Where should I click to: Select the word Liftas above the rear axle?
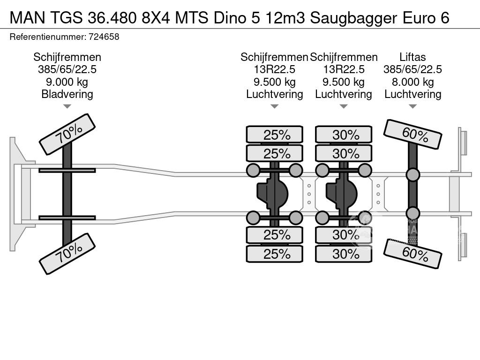tap(412, 57)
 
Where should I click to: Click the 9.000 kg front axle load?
tap(67, 82)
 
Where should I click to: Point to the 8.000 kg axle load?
tap(412, 82)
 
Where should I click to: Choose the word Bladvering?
tap(67, 94)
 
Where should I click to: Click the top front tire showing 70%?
tap(67, 134)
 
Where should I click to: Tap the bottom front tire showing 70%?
tap(67, 254)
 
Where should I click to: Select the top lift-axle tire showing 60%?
tap(412, 135)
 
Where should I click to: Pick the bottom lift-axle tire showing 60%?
tap(412, 254)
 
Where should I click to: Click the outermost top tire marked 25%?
tap(275, 135)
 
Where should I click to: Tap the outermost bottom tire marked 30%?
tap(344, 254)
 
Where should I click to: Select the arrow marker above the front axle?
tap(67, 106)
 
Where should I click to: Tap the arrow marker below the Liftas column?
tap(412, 106)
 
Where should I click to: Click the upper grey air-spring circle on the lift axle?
tap(412, 175)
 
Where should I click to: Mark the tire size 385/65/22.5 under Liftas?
tap(412, 69)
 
